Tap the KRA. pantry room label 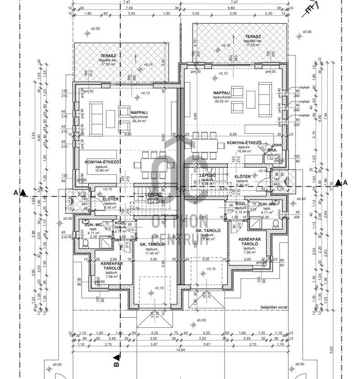273,150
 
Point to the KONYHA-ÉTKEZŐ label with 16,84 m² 244,143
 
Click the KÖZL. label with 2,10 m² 242,203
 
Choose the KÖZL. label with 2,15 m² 120,223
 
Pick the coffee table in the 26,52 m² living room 251,98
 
